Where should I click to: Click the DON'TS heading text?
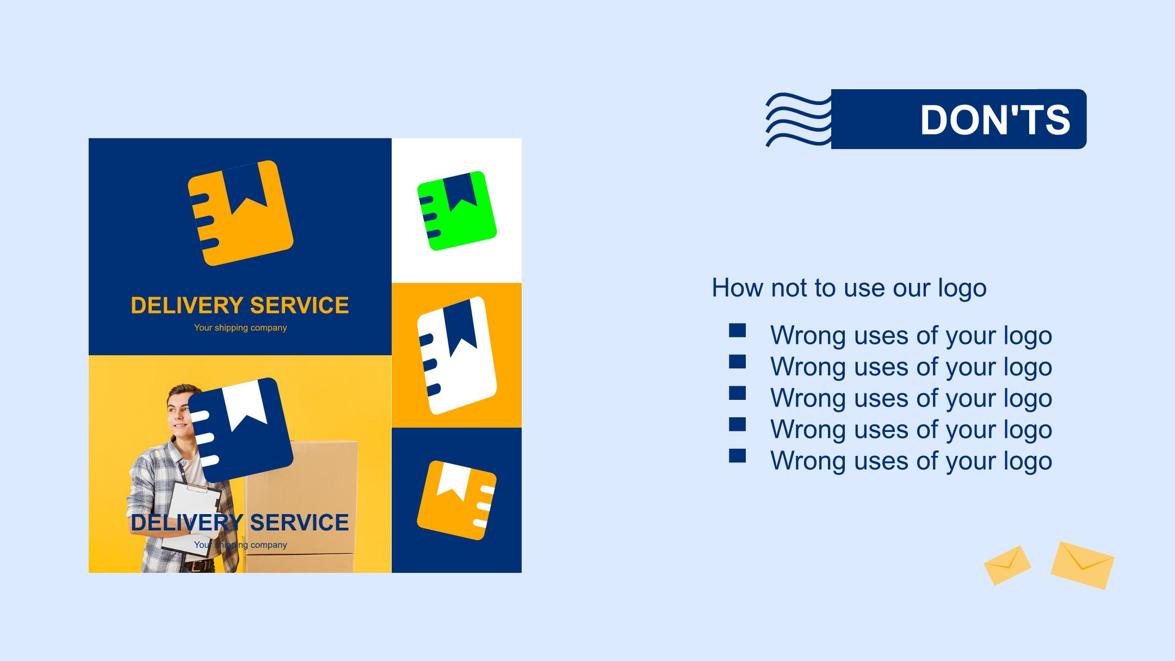point(995,120)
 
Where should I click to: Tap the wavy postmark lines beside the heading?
point(799,120)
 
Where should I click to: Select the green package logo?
point(457,211)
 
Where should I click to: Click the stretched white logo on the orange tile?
point(457,355)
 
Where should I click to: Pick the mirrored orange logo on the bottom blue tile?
point(457,501)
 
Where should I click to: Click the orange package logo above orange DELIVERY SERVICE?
point(240,213)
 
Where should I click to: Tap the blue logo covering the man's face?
point(240,430)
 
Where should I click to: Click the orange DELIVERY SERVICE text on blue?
point(240,305)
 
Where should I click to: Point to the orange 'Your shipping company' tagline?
point(240,328)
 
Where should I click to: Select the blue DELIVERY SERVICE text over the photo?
point(240,522)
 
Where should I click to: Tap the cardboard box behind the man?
point(300,506)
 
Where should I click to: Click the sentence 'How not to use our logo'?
point(849,288)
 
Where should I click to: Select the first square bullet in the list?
point(738,331)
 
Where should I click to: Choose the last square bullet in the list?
point(738,456)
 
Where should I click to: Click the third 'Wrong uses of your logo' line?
point(911,398)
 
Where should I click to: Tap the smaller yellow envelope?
point(1007,565)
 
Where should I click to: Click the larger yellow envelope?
point(1083,565)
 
